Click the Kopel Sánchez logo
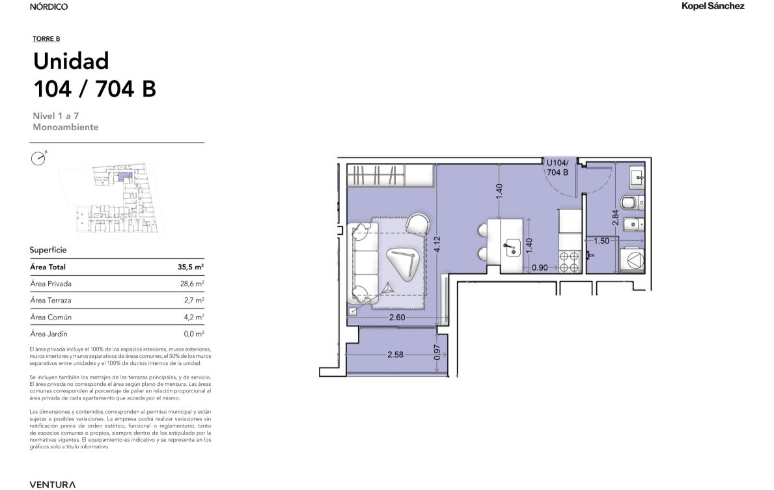tap(713, 7)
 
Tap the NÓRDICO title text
tap(48, 7)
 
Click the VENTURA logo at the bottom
tap(52, 485)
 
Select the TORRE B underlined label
tap(46, 39)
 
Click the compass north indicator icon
tap(38, 158)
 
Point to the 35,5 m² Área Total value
tap(191, 267)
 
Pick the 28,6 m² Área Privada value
tap(192, 284)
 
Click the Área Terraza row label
tap(50, 301)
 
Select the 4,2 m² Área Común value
tap(194, 318)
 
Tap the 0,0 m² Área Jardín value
tap(194, 334)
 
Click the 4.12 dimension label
tap(436, 245)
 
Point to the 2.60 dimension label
tap(397, 318)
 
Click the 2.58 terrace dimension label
tap(395, 354)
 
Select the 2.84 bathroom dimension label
tap(615, 217)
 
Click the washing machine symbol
tap(632, 260)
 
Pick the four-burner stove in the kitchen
tap(570, 262)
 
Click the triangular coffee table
tap(404, 262)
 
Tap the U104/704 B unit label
tap(557, 167)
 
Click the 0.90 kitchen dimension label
tap(540, 267)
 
